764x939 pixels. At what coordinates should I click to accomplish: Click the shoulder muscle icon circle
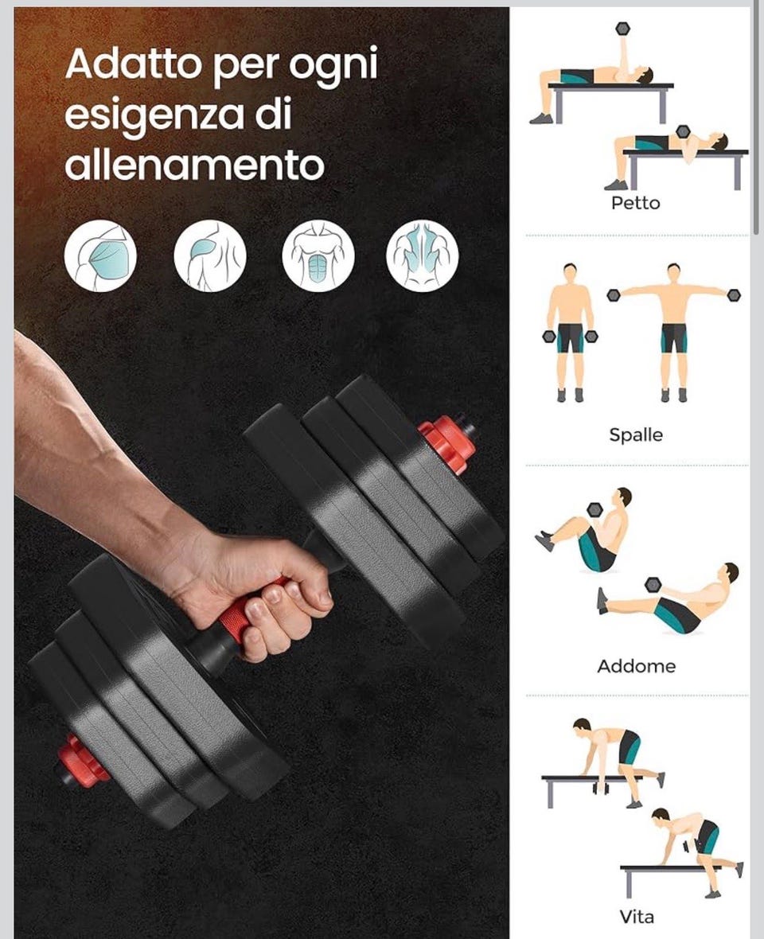pyautogui.click(x=209, y=255)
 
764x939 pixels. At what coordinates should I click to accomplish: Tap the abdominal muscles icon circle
pyautogui.click(x=318, y=255)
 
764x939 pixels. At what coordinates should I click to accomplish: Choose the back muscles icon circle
pyautogui.click(x=423, y=255)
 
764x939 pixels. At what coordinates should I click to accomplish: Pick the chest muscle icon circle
pyautogui.click(x=100, y=255)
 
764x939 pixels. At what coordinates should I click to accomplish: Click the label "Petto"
pyautogui.click(x=635, y=203)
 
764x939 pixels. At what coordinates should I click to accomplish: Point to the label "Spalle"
pyautogui.click(x=636, y=434)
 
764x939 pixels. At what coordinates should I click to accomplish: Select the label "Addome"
pyautogui.click(x=637, y=666)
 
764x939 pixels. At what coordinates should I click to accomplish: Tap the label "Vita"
pyautogui.click(x=637, y=916)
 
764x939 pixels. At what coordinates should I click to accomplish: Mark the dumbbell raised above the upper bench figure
pyautogui.click(x=622, y=29)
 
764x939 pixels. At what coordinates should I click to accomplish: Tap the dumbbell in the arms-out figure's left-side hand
pyautogui.click(x=613, y=295)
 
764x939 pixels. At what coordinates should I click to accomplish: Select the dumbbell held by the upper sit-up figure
pyautogui.click(x=594, y=509)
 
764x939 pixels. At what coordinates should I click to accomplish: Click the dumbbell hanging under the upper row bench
pyautogui.click(x=601, y=786)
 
